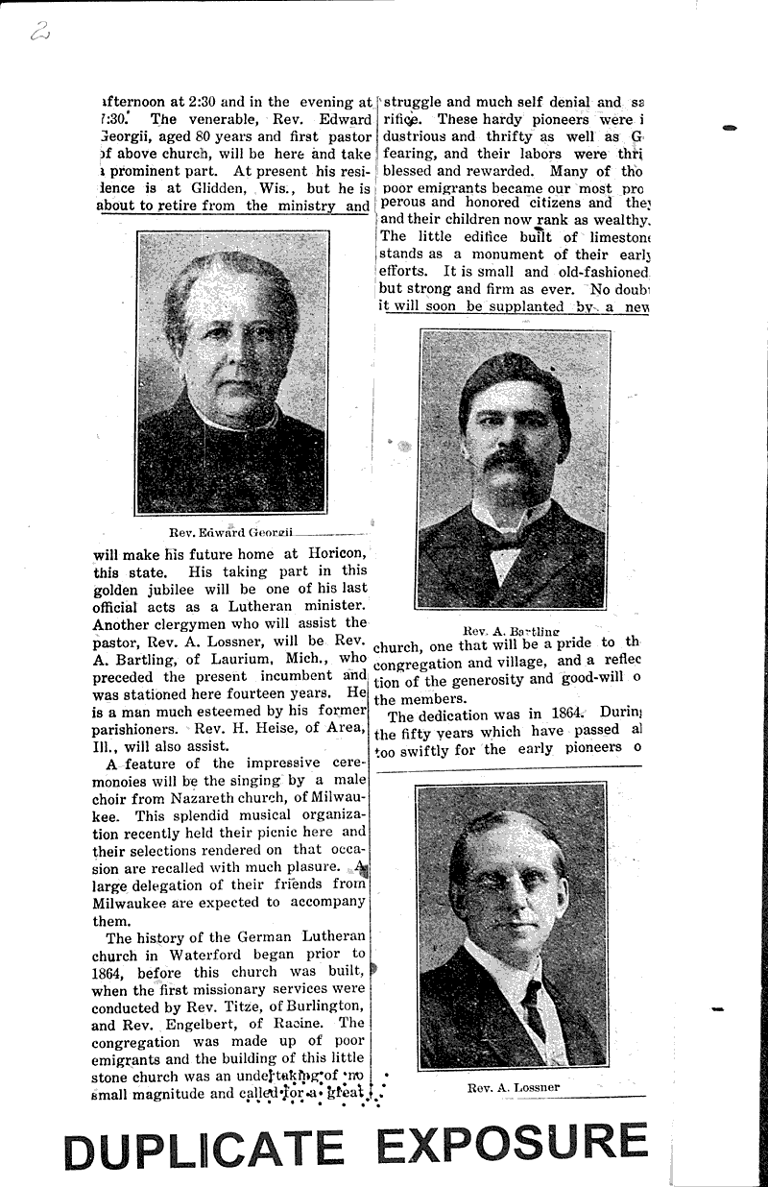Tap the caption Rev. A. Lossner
coord(513,1088)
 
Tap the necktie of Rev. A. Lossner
coord(534,1008)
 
